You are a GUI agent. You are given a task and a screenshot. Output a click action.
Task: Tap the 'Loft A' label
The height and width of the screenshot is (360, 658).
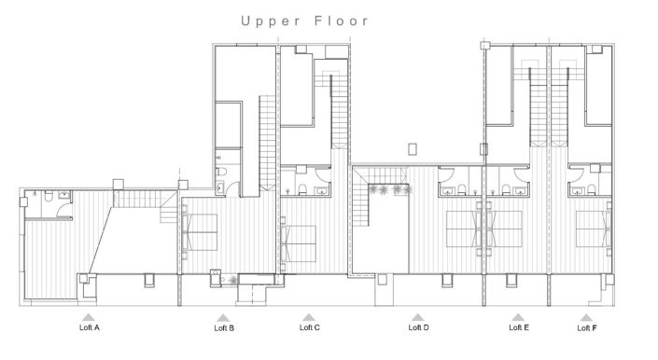(90, 328)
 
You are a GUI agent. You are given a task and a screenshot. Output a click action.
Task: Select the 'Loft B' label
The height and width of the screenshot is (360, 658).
(224, 328)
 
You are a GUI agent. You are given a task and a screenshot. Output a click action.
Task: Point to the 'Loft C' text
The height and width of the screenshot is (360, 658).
(310, 327)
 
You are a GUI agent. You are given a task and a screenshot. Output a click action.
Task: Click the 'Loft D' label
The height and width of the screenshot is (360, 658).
(419, 327)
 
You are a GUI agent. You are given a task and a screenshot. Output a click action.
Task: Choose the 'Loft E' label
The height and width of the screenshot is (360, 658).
(519, 327)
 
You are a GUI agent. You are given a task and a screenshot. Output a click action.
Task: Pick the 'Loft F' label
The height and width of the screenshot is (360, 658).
(587, 328)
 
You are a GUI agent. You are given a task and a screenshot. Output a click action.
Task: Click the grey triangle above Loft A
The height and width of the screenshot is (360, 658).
(90, 317)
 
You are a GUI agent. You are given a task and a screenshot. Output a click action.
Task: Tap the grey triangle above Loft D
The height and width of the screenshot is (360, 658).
(419, 316)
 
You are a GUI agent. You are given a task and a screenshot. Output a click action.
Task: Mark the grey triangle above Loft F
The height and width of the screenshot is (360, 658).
(587, 317)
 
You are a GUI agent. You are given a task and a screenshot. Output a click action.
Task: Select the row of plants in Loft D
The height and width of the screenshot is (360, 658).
(388, 190)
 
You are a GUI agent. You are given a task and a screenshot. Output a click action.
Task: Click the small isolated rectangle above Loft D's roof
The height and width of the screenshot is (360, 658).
(413, 148)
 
